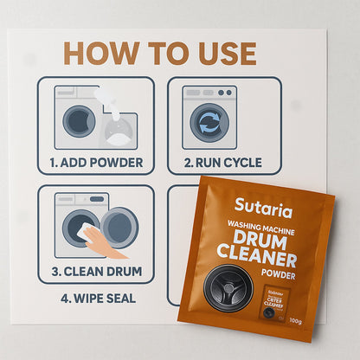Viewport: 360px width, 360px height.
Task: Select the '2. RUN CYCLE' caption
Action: [211, 161]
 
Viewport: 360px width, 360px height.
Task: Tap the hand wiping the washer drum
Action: [106, 243]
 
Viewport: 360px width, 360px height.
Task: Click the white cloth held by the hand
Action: [88, 233]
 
